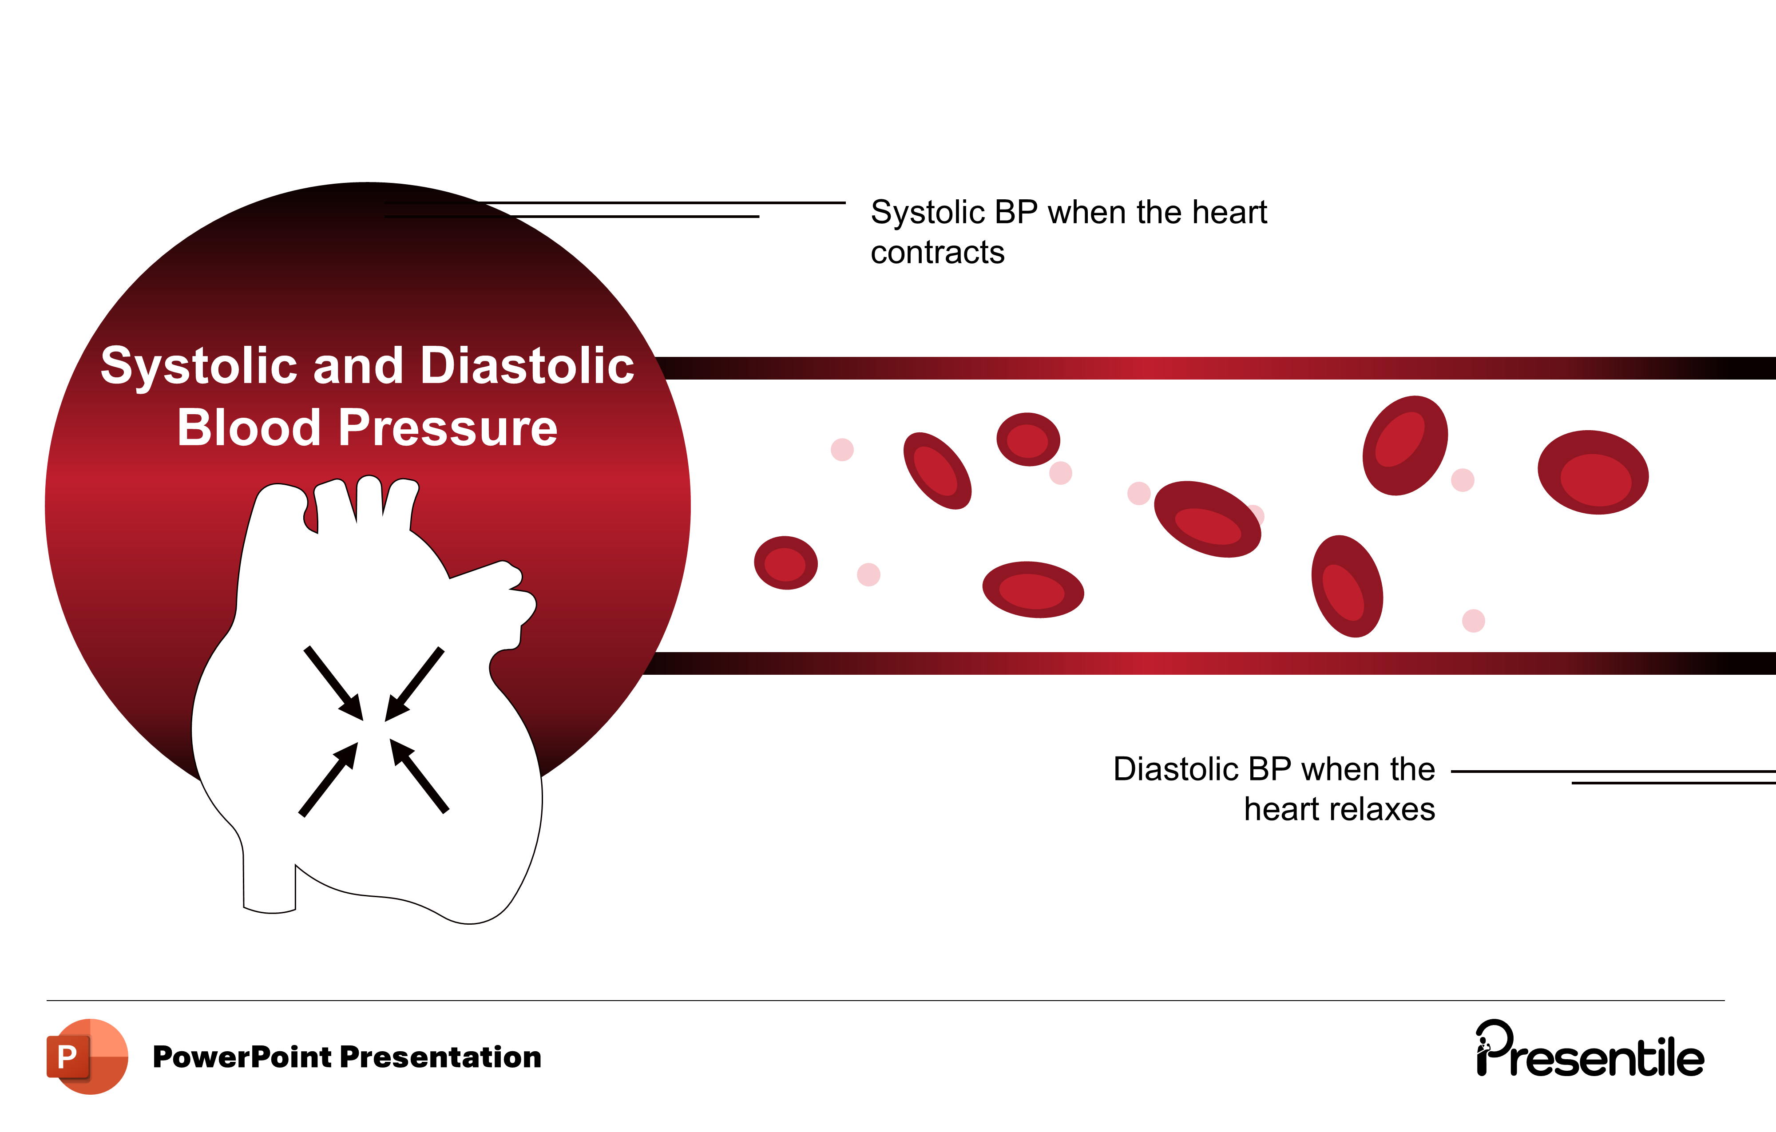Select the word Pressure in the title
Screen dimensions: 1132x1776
tap(447, 428)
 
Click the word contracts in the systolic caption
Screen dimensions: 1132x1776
tap(937, 253)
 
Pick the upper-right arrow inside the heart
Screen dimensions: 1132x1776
tap(415, 684)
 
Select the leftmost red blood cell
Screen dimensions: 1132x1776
tap(785, 563)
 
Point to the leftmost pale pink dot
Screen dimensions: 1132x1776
tap(841, 450)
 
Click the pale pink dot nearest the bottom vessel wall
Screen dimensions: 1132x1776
tap(1473, 621)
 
